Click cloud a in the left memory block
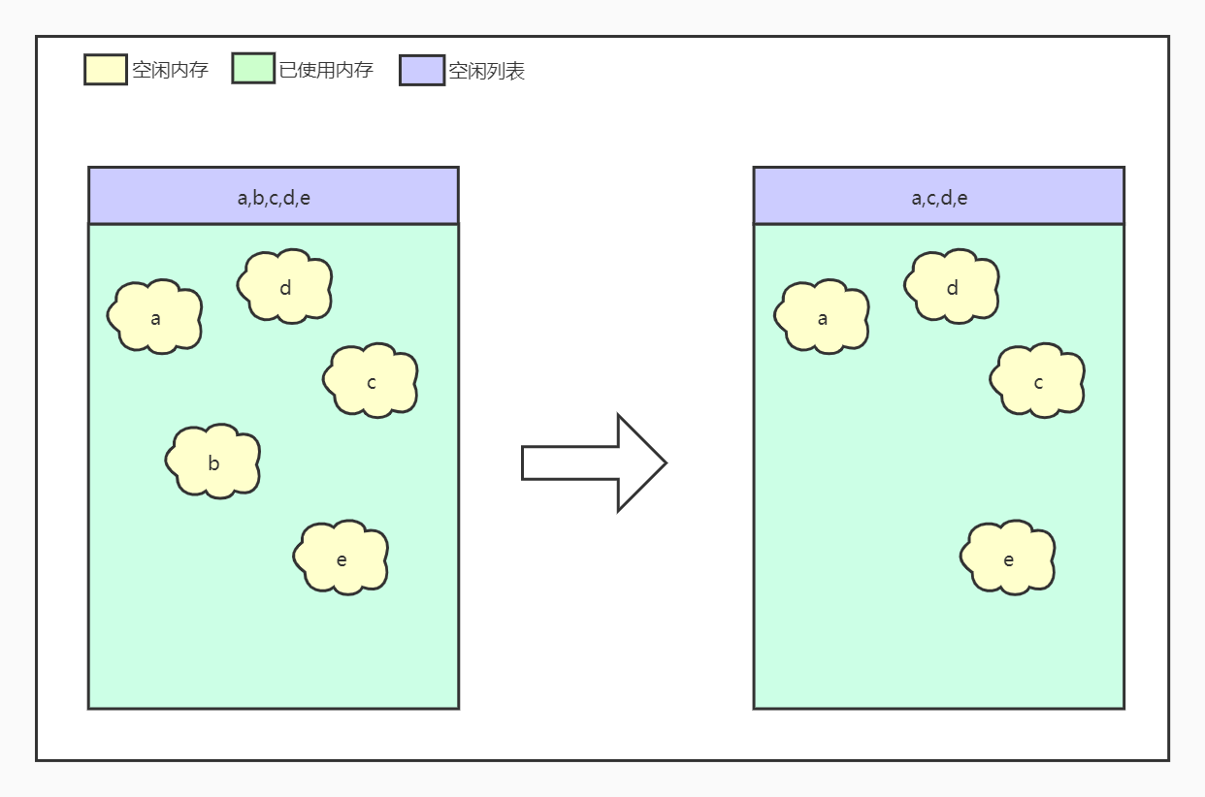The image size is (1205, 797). click(155, 316)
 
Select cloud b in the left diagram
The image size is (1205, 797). click(213, 462)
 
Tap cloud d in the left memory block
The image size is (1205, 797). click(285, 286)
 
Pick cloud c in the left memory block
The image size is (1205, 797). click(371, 380)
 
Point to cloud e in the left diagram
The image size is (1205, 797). click(342, 558)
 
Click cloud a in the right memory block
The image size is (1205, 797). click(822, 316)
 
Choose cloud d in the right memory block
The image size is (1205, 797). click(952, 286)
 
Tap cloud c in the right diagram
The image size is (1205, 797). click(1037, 380)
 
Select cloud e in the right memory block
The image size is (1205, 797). click(1008, 558)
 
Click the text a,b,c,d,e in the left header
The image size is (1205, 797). click(274, 199)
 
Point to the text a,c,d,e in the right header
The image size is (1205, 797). click(939, 199)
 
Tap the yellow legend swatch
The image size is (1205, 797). click(106, 70)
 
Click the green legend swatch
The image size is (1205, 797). click(253, 69)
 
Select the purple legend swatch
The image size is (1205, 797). click(422, 70)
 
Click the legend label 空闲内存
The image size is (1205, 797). click(170, 70)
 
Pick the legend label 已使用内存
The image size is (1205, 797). click(326, 70)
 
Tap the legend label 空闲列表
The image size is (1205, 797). click(486, 71)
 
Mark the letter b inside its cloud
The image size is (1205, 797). click(213, 463)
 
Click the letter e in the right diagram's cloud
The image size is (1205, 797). click(1008, 559)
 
